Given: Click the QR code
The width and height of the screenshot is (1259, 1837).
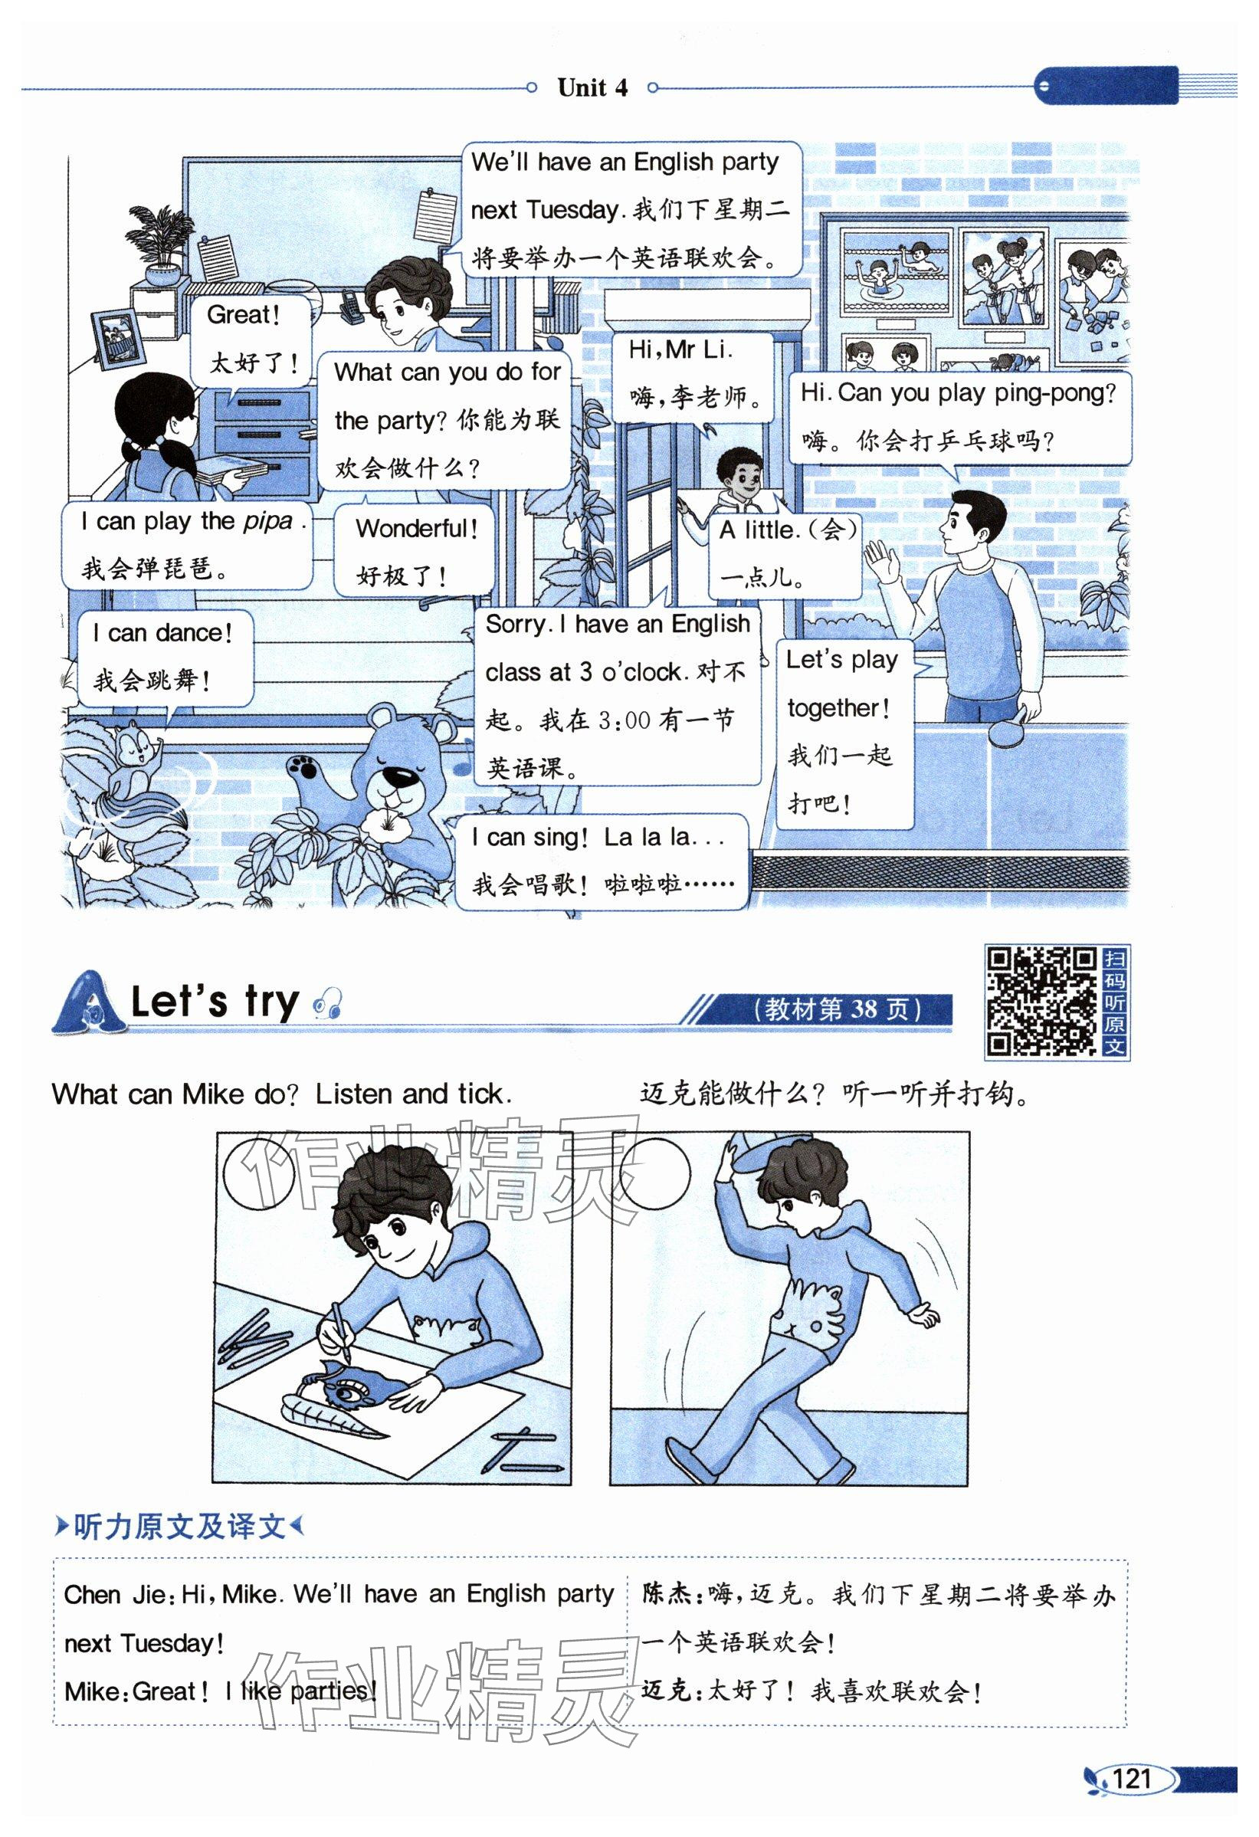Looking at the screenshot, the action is (x=1040, y=1001).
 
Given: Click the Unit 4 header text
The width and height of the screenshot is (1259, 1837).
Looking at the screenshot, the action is (x=592, y=87).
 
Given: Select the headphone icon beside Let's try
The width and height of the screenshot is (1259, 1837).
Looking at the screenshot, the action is (x=326, y=1003).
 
